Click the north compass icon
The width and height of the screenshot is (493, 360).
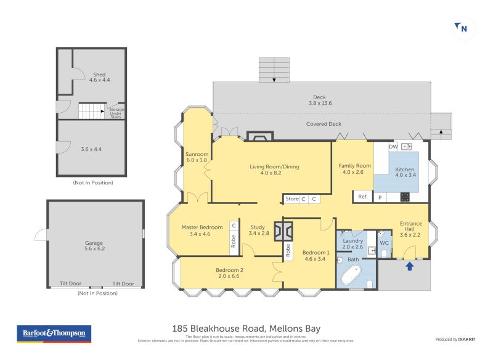(x=463, y=28)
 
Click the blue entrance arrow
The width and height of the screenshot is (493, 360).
(x=410, y=266)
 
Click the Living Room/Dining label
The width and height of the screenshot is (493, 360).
(x=274, y=170)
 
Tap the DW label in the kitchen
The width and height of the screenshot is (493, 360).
(x=393, y=147)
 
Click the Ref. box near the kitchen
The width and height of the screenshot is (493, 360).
(x=362, y=197)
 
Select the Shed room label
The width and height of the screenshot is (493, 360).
(x=99, y=77)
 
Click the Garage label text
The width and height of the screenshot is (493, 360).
(x=94, y=247)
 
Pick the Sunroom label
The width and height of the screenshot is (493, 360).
(x=197, y=157)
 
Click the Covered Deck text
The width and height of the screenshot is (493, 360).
(x=324, y=124)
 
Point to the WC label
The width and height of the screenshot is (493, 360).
(x=384, y=243)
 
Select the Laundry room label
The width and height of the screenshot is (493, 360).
(x=352, y=243)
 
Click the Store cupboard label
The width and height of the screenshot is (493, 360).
(x=291, y=199)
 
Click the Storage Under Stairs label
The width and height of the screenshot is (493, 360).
(x=116, y=113)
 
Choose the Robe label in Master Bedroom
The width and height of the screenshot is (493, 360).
(x=234, y=241)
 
